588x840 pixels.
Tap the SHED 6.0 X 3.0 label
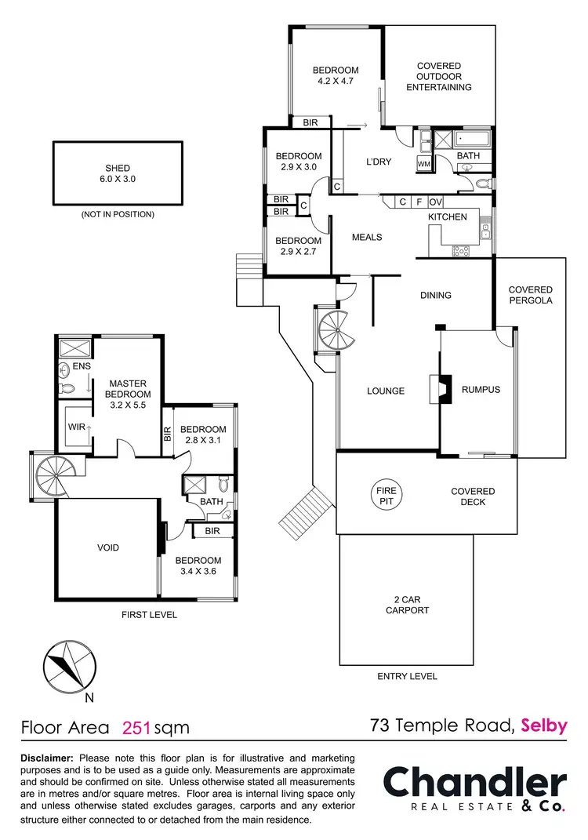[x=118, y=173]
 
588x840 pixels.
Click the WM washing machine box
[x=424, y=164]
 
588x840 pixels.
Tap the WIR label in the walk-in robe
[x=75, y=427]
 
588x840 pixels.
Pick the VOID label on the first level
[x=108, y=547]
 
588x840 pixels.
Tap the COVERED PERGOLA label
[x=530, y=295]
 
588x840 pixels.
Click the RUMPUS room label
[x=481, y=390]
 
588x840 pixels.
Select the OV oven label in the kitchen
[x=435, y=202]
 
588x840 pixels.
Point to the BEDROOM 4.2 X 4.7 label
[x=336, y=75]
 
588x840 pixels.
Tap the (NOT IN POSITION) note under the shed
[x=118, y=214]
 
